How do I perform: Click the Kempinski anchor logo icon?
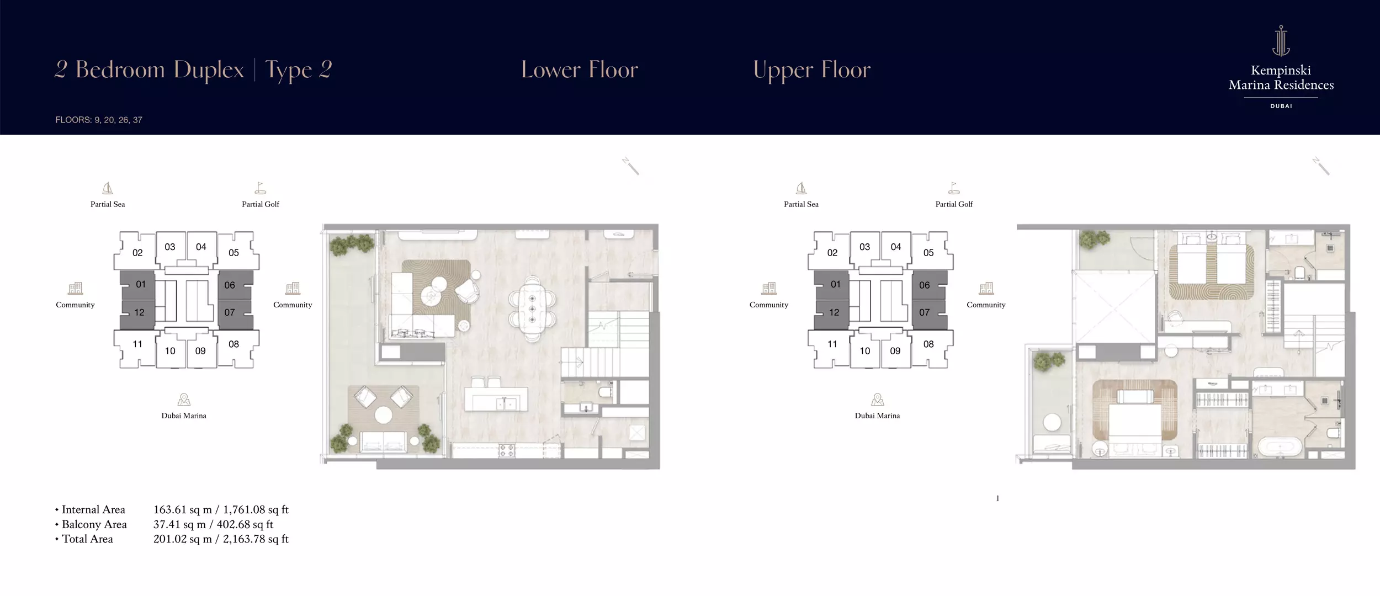(x=1281, y=41)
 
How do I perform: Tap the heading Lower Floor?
(x=580, y=70)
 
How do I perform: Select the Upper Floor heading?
(x=812, y=70)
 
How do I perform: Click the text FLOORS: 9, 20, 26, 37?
(x=99, y=120)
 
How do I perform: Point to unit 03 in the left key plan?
(x=170, y=247)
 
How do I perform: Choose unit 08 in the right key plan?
(x=928, y=344)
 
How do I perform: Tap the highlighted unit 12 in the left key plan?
(x=139, y=312)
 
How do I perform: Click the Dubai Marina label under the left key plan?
(x=184, y=416)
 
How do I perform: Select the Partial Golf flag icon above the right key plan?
(x=954, y=188)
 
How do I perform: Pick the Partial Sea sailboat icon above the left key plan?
(x=108, y=188)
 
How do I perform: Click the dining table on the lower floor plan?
(x=532, y=309)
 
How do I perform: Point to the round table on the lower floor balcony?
(x=383, y=415)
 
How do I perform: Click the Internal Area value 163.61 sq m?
(x=183, y=510)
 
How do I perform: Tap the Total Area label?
(x=87, y=539)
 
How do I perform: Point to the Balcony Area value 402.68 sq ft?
(x=245, y=524)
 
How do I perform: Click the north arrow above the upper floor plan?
(x=1320, y=166)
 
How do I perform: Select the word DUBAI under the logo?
(x=1281, y=106)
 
